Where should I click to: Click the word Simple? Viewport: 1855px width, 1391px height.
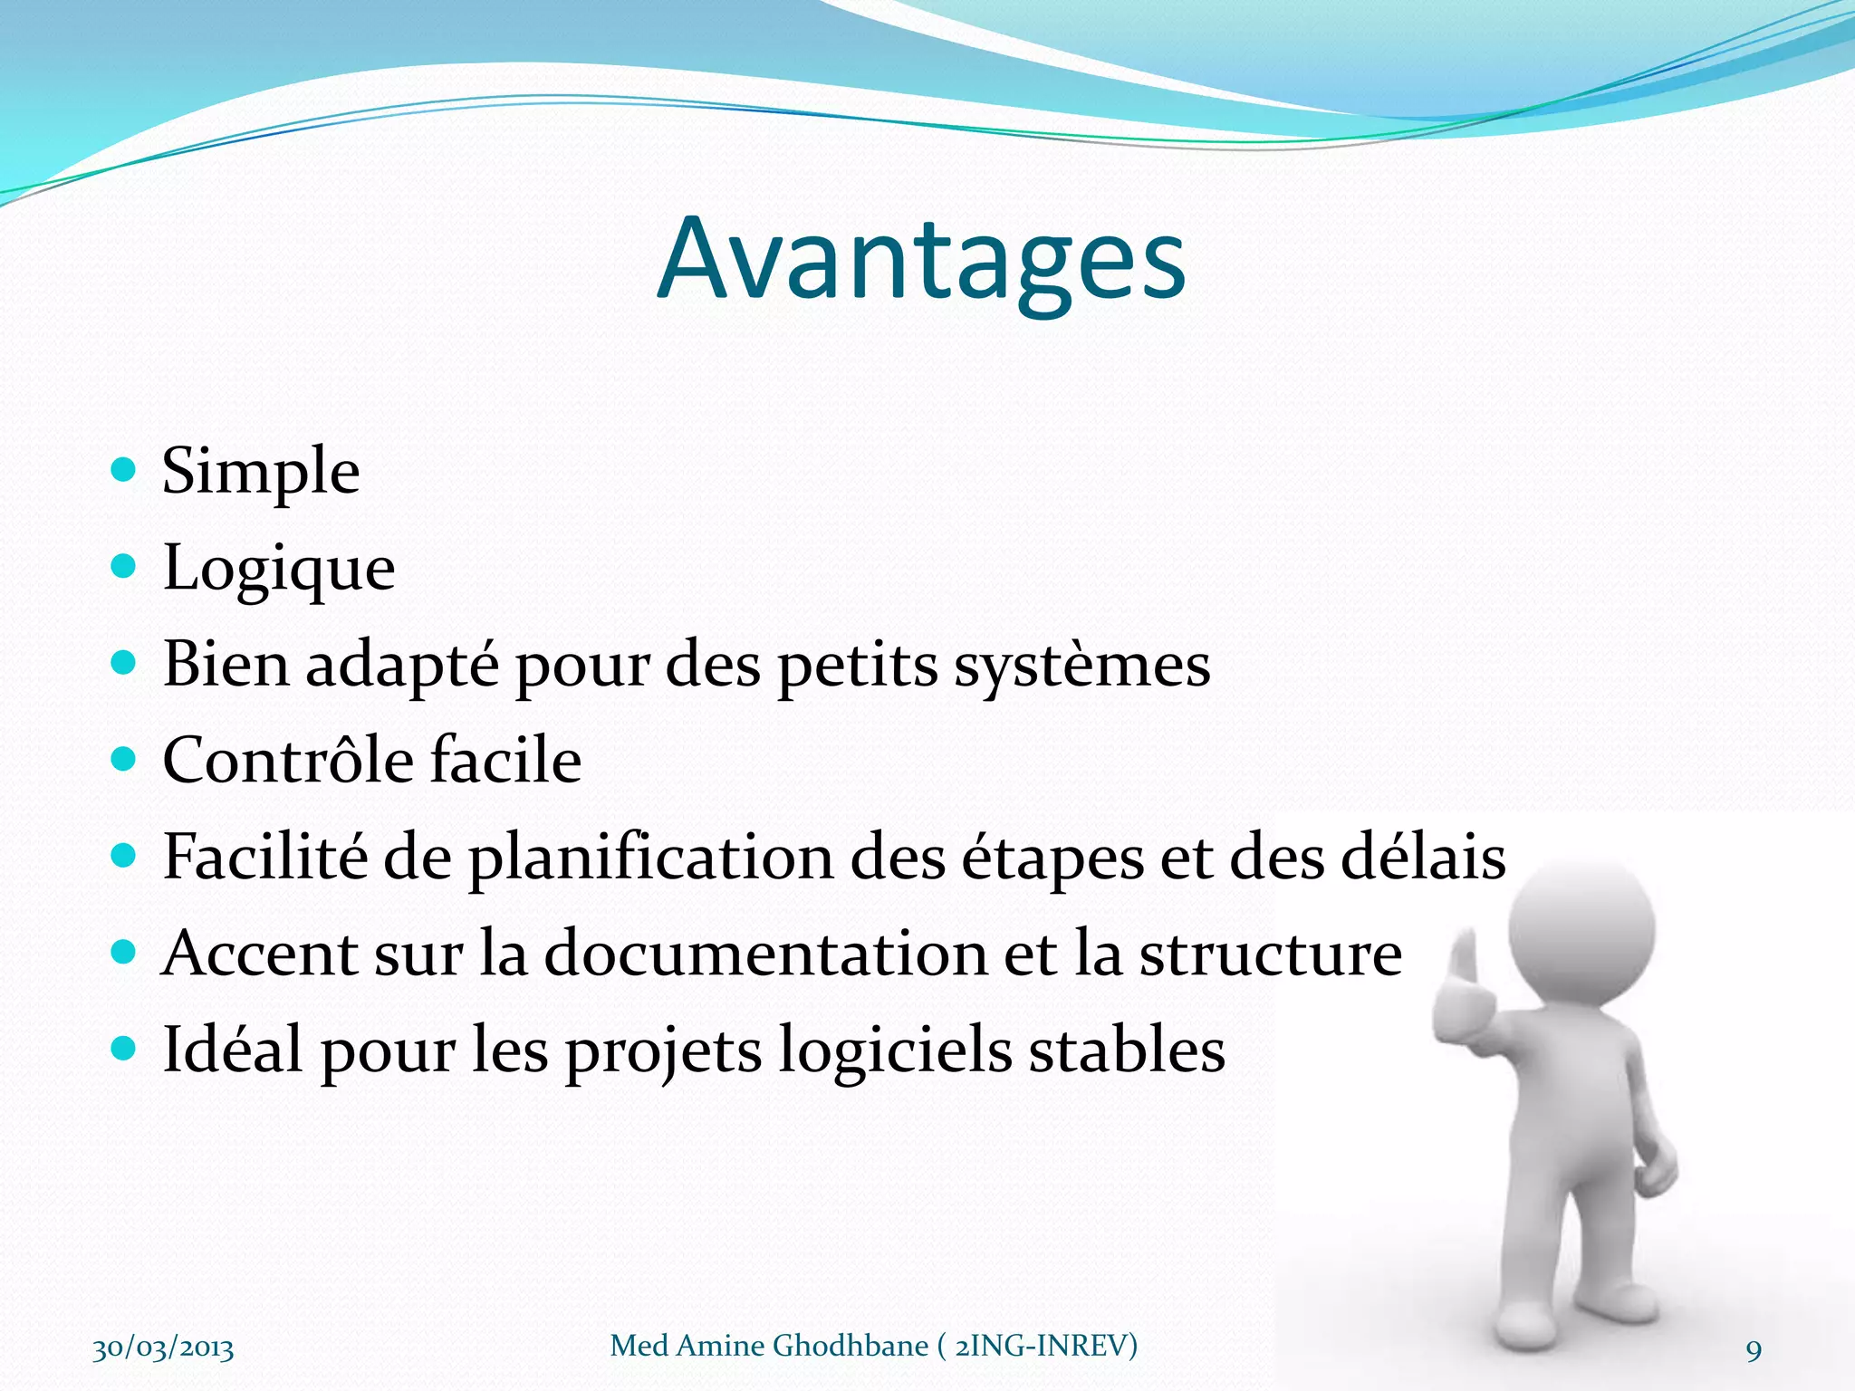pyautogui.click(x=261, y=473)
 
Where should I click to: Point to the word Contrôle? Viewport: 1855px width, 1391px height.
pyautogui.click(x=287, y=761)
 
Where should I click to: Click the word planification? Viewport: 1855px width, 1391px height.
pyautogui.click(x=650, y=858)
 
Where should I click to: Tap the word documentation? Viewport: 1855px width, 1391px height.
pyautogui.click(x=765, y=954)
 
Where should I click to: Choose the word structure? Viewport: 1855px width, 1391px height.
pyautogui.click(x=1270, y=955)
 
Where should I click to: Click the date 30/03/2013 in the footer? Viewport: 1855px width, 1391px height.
pyautogui.click(x=163, y=1348)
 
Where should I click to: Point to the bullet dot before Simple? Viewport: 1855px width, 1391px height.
pyautogui.click(x=122, y=469)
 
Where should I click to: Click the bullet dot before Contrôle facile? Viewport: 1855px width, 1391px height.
pyautogui.click(x=122, y=758)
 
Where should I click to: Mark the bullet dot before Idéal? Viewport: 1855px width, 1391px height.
pyautogui.click(x=122, y=1049)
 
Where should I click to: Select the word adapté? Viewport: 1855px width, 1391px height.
pyautogui.click(x=402, y=666)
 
